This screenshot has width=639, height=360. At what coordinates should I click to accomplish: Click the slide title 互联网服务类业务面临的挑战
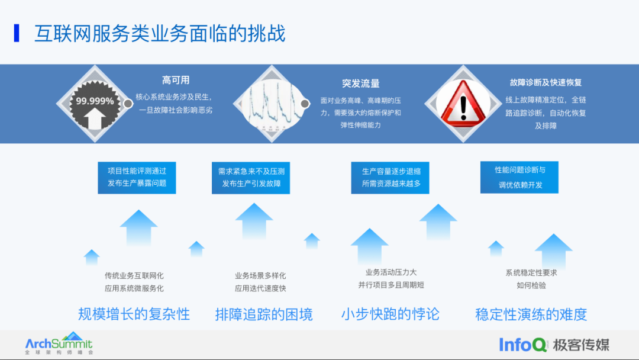160,33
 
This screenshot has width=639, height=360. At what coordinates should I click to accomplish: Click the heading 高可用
176,81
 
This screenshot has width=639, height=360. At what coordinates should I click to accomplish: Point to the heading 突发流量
360,83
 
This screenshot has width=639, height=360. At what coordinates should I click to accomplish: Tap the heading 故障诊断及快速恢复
546,82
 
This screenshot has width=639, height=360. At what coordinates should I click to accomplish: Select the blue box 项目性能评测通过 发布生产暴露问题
137,177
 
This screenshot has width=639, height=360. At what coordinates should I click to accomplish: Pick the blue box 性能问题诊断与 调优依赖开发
519,177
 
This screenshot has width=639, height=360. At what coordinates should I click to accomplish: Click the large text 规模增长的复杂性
134,314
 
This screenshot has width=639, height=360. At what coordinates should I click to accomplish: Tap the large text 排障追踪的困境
264,314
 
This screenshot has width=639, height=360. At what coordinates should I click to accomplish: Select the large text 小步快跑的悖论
390,314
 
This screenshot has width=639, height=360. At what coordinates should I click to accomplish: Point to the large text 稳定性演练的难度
531,314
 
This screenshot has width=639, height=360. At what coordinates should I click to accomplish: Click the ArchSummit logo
59,343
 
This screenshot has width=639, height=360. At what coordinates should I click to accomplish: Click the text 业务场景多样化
260,275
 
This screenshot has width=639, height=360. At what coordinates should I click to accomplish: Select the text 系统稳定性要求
531,273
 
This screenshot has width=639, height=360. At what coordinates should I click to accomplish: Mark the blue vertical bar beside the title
17,33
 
